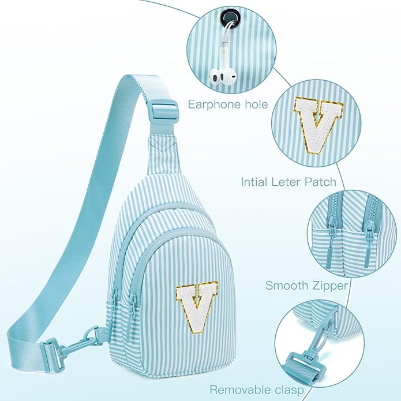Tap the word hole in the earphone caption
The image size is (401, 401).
coord(255,104)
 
